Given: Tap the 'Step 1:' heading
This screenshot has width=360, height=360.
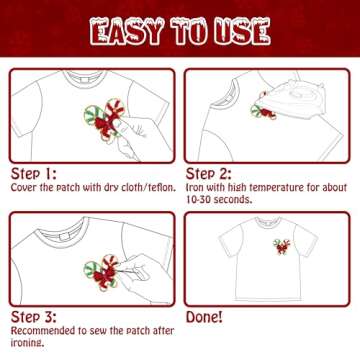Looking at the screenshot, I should pyautogui.click(x=34, y=172).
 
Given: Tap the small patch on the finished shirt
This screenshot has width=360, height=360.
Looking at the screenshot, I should pyautogui.click(x=281, y=246).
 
